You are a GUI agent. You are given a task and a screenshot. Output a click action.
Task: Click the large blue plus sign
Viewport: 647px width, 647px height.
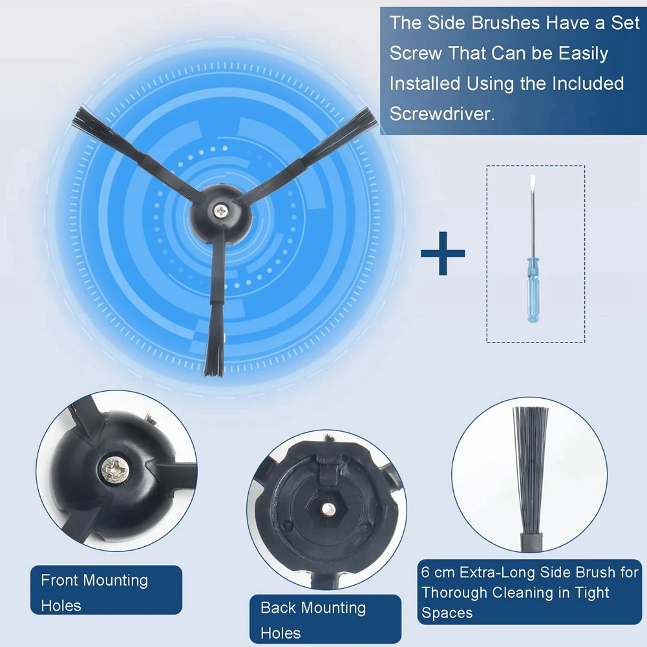coord(443,252)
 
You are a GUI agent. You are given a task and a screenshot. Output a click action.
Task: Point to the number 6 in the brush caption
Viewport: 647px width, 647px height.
coord(425,573)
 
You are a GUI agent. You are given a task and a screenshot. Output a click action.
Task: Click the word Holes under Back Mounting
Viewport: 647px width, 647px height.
coord(281,632)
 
